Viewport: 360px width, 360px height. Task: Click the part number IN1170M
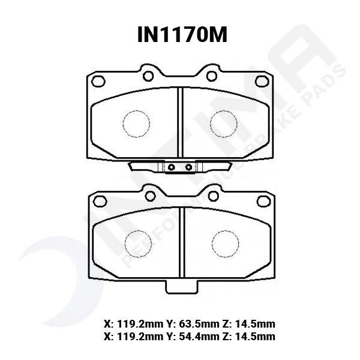click(x=182, y=35)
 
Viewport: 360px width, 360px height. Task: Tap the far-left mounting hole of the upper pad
click(x=98, y=81)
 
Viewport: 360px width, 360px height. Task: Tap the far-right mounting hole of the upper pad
click(x=262, y=81)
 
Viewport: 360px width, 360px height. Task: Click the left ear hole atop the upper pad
click(x=148, y=76)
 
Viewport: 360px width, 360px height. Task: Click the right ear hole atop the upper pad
click(x=211, y=76)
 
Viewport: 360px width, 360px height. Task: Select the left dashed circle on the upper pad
click(x=136, y=124)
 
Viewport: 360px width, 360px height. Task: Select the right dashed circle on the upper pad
click(x=223, y=124)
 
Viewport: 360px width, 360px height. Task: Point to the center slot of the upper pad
click(x=179, y=123)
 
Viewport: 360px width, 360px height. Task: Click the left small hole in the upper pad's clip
click(x=171, y=167)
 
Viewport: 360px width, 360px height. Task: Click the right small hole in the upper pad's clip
click(x=188, y=167)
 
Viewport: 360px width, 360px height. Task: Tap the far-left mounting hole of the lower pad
click(x=100, y=201)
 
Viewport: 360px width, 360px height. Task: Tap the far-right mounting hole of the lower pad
click(x=263, y=201)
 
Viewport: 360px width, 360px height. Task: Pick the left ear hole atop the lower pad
click(x=150, y=196)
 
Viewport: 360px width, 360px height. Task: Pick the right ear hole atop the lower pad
click(x=213, y=196)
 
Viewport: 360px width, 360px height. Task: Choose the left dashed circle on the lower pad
click(x=137, y=244)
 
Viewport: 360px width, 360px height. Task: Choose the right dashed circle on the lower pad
click(x=225, y=244)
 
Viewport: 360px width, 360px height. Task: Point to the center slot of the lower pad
click(x=182, y=243)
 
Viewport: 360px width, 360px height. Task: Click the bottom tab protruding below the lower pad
click(x=181, y=286)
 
